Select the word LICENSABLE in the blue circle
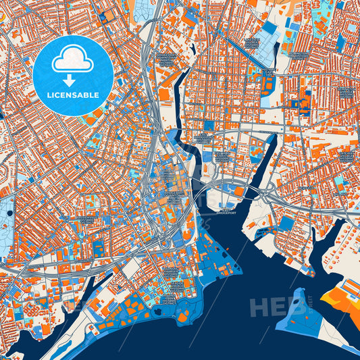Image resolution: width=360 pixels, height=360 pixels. click(72, 95)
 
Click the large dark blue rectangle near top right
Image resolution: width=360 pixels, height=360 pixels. click(269, 28)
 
